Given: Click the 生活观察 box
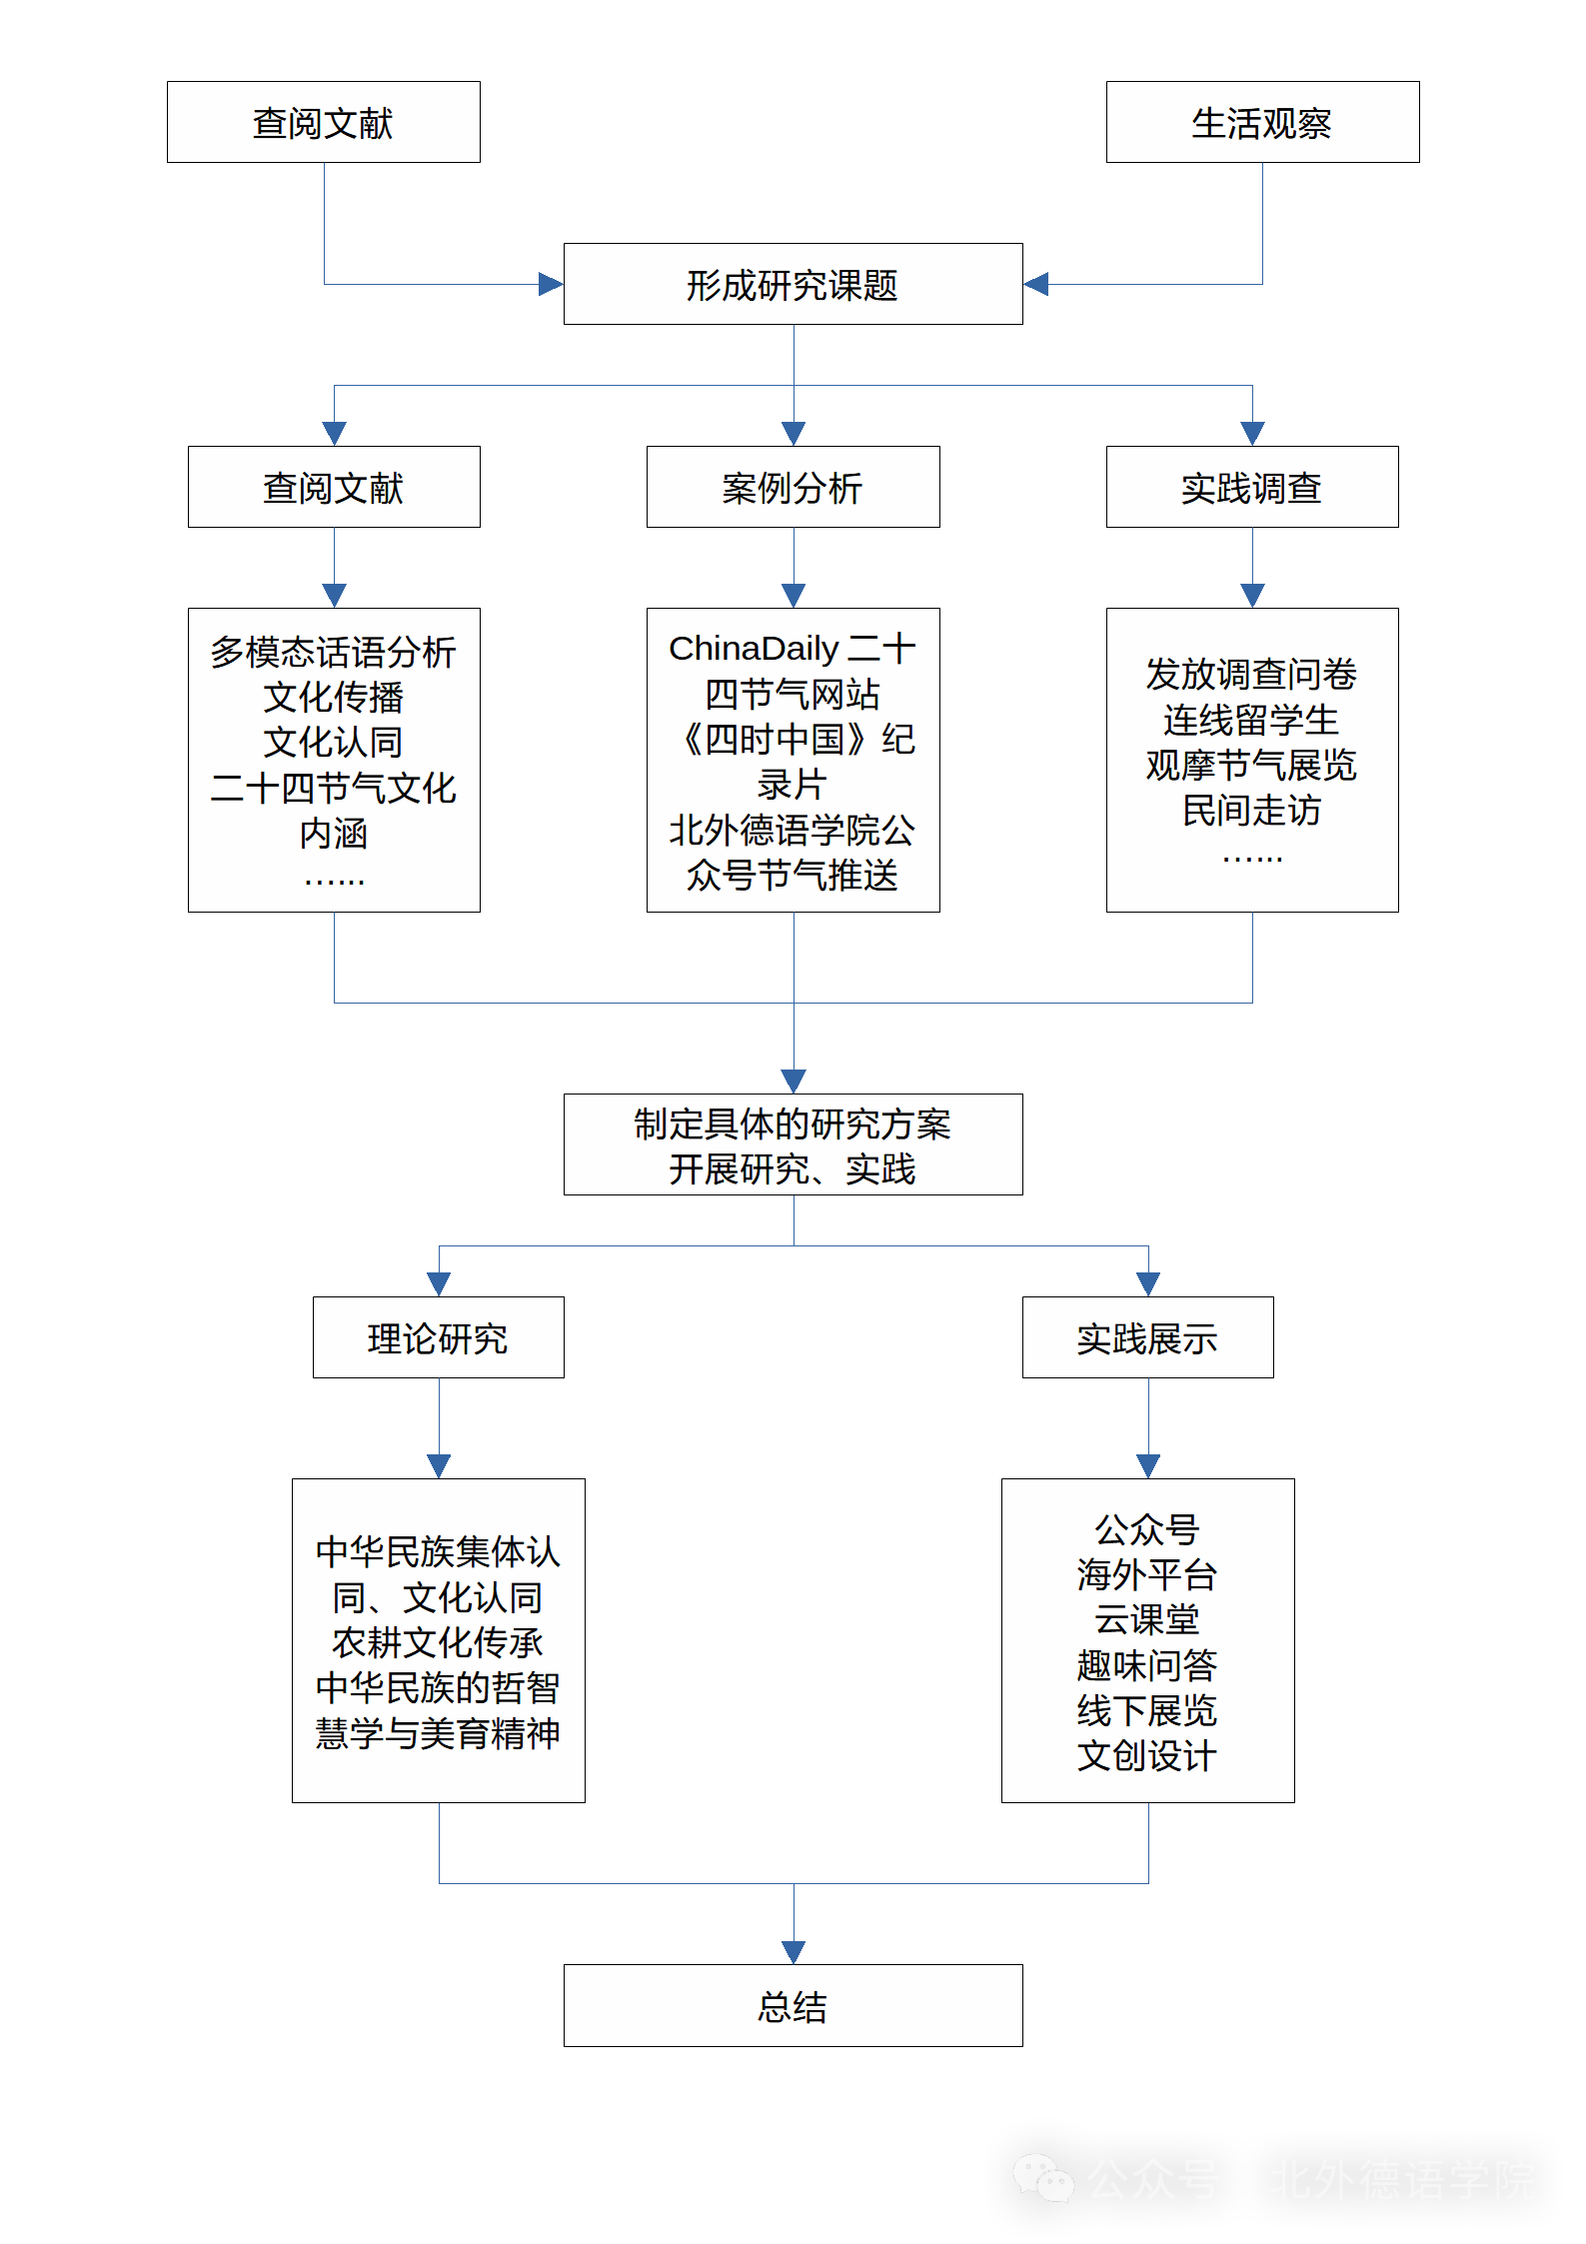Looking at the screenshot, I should pos(1262,122).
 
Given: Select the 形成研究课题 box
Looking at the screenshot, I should pos(793,284).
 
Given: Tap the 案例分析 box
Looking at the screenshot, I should pos(793,487).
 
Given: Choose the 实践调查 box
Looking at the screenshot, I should pos(1251,487).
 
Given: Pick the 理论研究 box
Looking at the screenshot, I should pos(438,1337).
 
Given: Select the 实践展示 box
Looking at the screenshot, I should pos(1147,1337).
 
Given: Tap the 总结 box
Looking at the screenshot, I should pos(793,2005).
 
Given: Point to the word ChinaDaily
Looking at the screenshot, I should pos(754,649).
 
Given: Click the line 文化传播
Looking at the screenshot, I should pos(334,697).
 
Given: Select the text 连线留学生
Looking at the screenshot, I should pos(1251,720).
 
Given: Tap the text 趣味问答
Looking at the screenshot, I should pos(1147,1665).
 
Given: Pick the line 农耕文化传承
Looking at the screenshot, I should pos(438,1642).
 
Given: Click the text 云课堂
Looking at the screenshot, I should pos(1147,1619).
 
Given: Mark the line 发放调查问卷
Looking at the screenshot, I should pos(1251,674).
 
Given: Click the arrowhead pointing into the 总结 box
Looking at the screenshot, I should pos(793,1952).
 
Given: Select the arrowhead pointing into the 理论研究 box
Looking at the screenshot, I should pos(439,1284).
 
